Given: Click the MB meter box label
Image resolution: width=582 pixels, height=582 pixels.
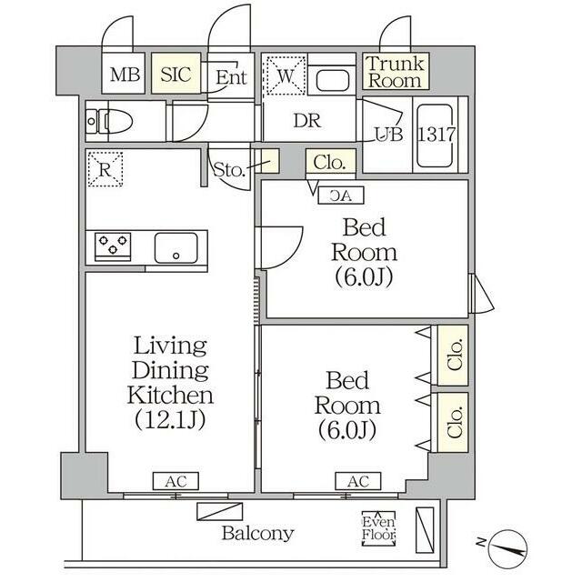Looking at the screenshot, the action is [125, 75].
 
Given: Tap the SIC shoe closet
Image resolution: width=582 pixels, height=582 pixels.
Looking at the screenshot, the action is [176, 73].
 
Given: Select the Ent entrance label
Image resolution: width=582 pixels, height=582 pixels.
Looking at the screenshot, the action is [231, 77].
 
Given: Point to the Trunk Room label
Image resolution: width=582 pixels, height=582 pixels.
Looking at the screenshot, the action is [396, 72].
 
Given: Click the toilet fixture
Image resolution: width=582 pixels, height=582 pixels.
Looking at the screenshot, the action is [109, 121].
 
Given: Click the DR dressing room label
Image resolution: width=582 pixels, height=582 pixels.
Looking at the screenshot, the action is [307, 120].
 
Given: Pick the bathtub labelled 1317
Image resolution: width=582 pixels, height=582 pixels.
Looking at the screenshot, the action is [436, 135].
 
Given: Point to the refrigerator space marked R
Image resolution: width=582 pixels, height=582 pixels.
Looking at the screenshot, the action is [105, 169].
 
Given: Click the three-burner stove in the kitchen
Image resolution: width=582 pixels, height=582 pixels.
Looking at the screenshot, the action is [113, 245].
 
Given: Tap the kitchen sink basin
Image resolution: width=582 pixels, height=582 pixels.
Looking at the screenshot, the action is [176, 248].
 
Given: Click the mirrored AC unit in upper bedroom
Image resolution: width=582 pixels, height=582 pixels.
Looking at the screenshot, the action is [341, 196].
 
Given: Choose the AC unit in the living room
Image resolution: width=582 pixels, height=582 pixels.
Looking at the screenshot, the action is [176, 481].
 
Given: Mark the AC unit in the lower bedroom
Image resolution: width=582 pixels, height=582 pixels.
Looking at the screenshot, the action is [358, 481].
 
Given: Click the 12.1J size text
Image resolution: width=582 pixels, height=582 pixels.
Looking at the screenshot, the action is [170, 420].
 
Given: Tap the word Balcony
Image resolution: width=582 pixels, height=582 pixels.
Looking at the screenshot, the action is [258, 534].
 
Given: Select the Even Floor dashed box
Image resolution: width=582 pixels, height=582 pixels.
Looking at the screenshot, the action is [378, 528].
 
